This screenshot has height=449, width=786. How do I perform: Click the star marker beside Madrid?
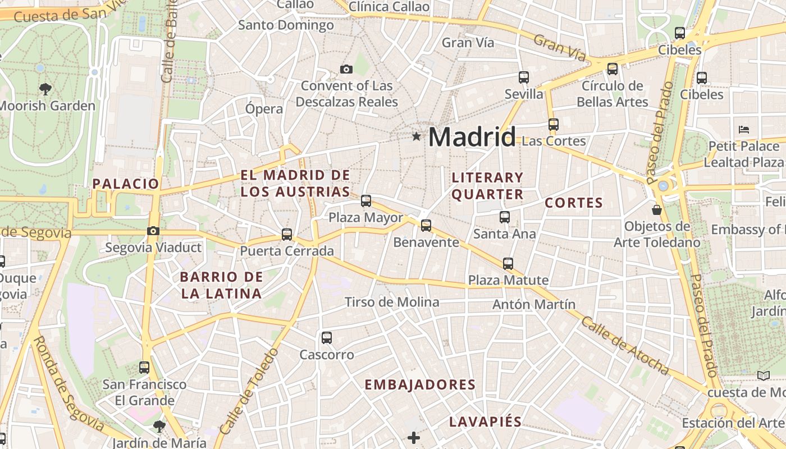pyautogui.click(x=416, y=136)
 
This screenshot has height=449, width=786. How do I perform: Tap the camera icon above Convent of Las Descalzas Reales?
pyautogui.click(x=346, y=70)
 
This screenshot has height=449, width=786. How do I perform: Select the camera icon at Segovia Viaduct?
pyautogui.click(x=153, y=231)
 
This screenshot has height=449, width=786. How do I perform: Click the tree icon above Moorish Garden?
pyautogui.click(x=45, y=89)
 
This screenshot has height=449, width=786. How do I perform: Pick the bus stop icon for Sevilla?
pyautogui.click(x=524, y=77)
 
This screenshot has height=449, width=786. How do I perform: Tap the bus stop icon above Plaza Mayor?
pyautogui.click(x=366, y=200)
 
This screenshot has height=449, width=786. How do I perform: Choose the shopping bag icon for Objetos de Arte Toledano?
pyautogui.click(x=656, y=210)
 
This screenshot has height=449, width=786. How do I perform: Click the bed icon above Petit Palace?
pyautogui.click(x=744, y=129)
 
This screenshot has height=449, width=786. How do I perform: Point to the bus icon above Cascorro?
pyautogui.click(x=327, y=338)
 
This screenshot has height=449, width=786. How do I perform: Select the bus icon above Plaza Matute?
pyautogui.click(x=508, y=263)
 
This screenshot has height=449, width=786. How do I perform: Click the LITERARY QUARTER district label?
pyautogui.click(x=487, y=186)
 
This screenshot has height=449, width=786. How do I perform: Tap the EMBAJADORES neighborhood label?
pyautogui.click(x=420, y=385)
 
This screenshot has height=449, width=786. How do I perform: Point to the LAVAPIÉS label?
pyautogui.click(x=485, y=422)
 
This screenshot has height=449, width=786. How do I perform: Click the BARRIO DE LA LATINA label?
pyautogui.click(x=221, y=285)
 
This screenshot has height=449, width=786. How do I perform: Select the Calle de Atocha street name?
pyautogui.click(x=624, y=346)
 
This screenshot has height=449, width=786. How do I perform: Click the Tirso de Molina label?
pyautogui.click(x=392, y=302)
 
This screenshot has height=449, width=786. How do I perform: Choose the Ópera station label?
pyautogui.click(x=264, y=109)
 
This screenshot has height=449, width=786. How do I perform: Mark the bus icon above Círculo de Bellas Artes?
pyautogui.click(x=613, y=69)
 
